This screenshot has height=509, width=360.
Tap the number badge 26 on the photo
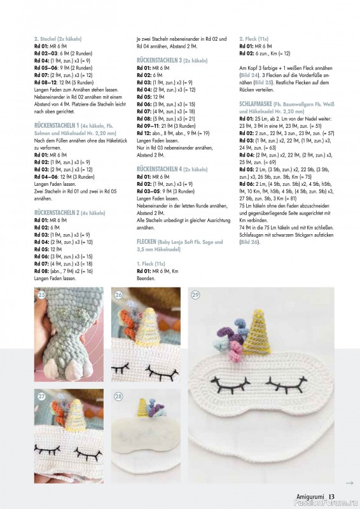pos(118,295)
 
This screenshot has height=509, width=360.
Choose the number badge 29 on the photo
pos(195,295)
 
